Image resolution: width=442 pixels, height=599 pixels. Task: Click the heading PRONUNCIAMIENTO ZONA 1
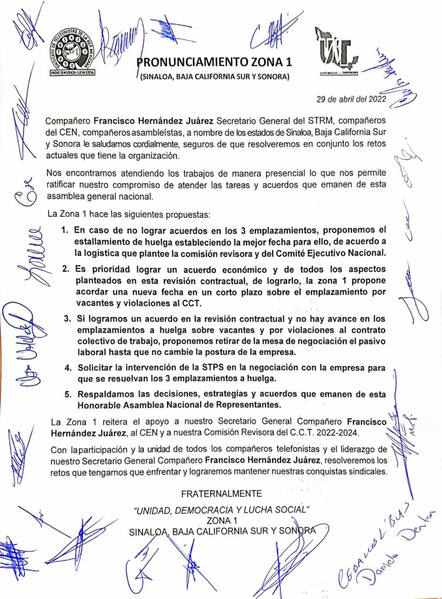[213, 62]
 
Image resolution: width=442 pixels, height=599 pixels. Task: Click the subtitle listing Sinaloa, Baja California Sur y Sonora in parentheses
[213, 77]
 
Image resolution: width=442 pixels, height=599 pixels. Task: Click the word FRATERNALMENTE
[221, 494]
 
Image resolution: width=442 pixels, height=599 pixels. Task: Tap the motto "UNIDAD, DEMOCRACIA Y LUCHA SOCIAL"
[221, 510]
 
